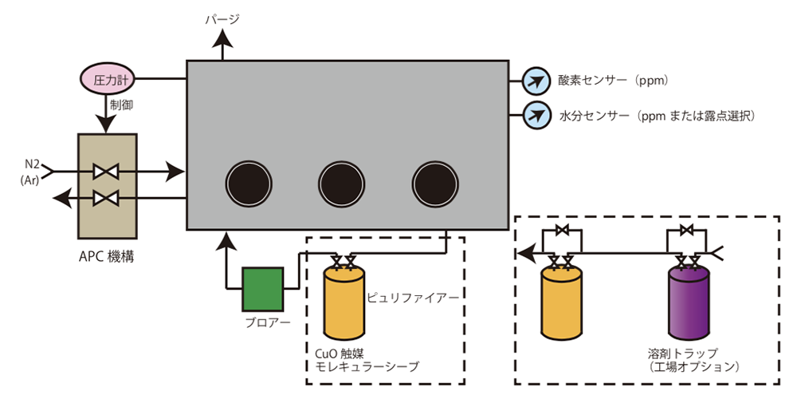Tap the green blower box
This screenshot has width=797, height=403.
(262, 288)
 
